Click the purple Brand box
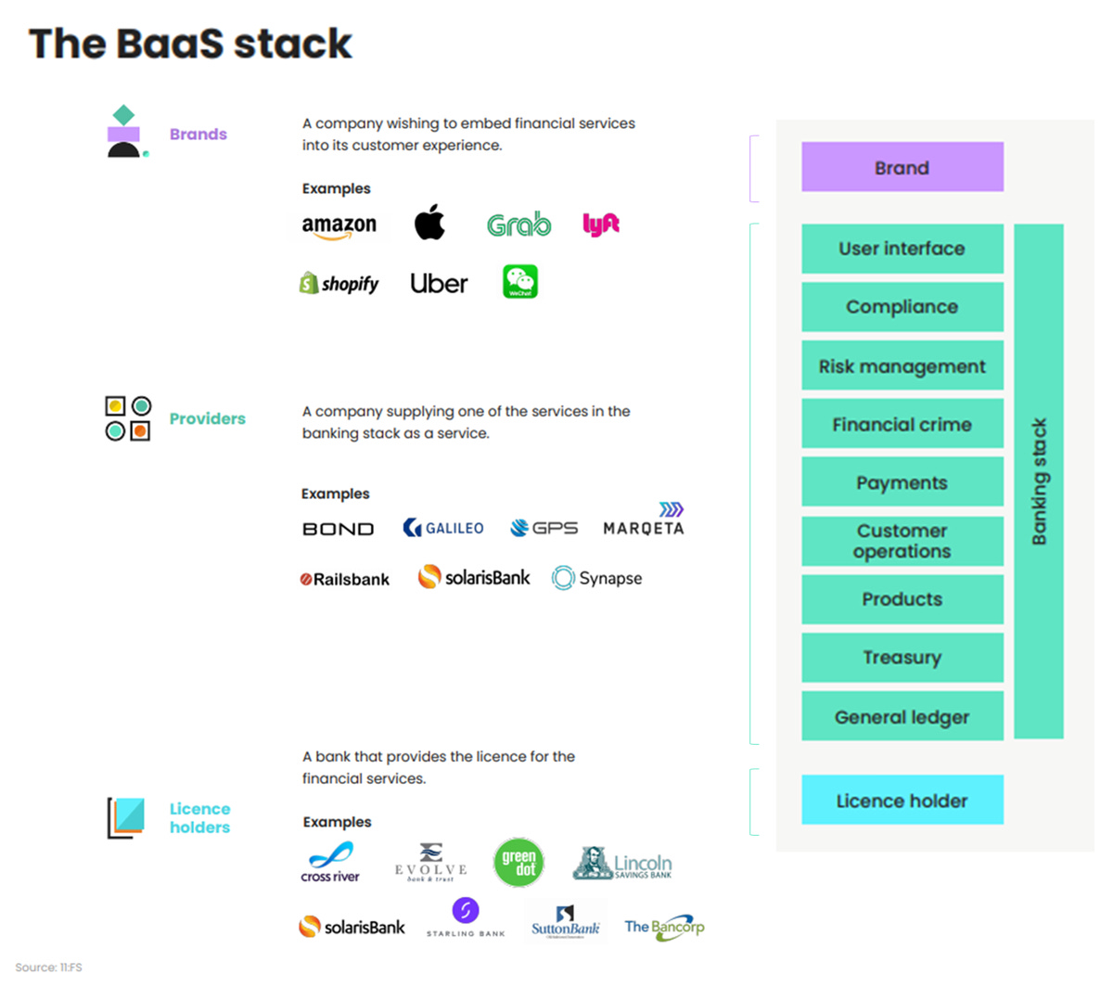pos(902,167)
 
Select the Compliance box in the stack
pos(902,307)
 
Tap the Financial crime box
pos(902,425)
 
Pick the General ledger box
pos(902,716)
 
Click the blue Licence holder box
pos(902,801)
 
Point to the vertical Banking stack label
pos(1039,481)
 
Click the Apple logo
pos(429,223)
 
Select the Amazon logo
pos(339,226)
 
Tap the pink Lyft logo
pos(601,224)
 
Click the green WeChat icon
pos(520,282)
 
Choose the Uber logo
pos(439,284)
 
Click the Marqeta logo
pos(644,522)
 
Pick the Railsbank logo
pos(345,579)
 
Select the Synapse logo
pos(597,578)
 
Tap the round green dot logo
pos(518,862)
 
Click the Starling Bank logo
pos(466,916)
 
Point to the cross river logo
pos(330,862)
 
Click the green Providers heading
pos(207,418)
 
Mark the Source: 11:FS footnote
pos(48,967)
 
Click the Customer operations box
pos(902,541)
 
